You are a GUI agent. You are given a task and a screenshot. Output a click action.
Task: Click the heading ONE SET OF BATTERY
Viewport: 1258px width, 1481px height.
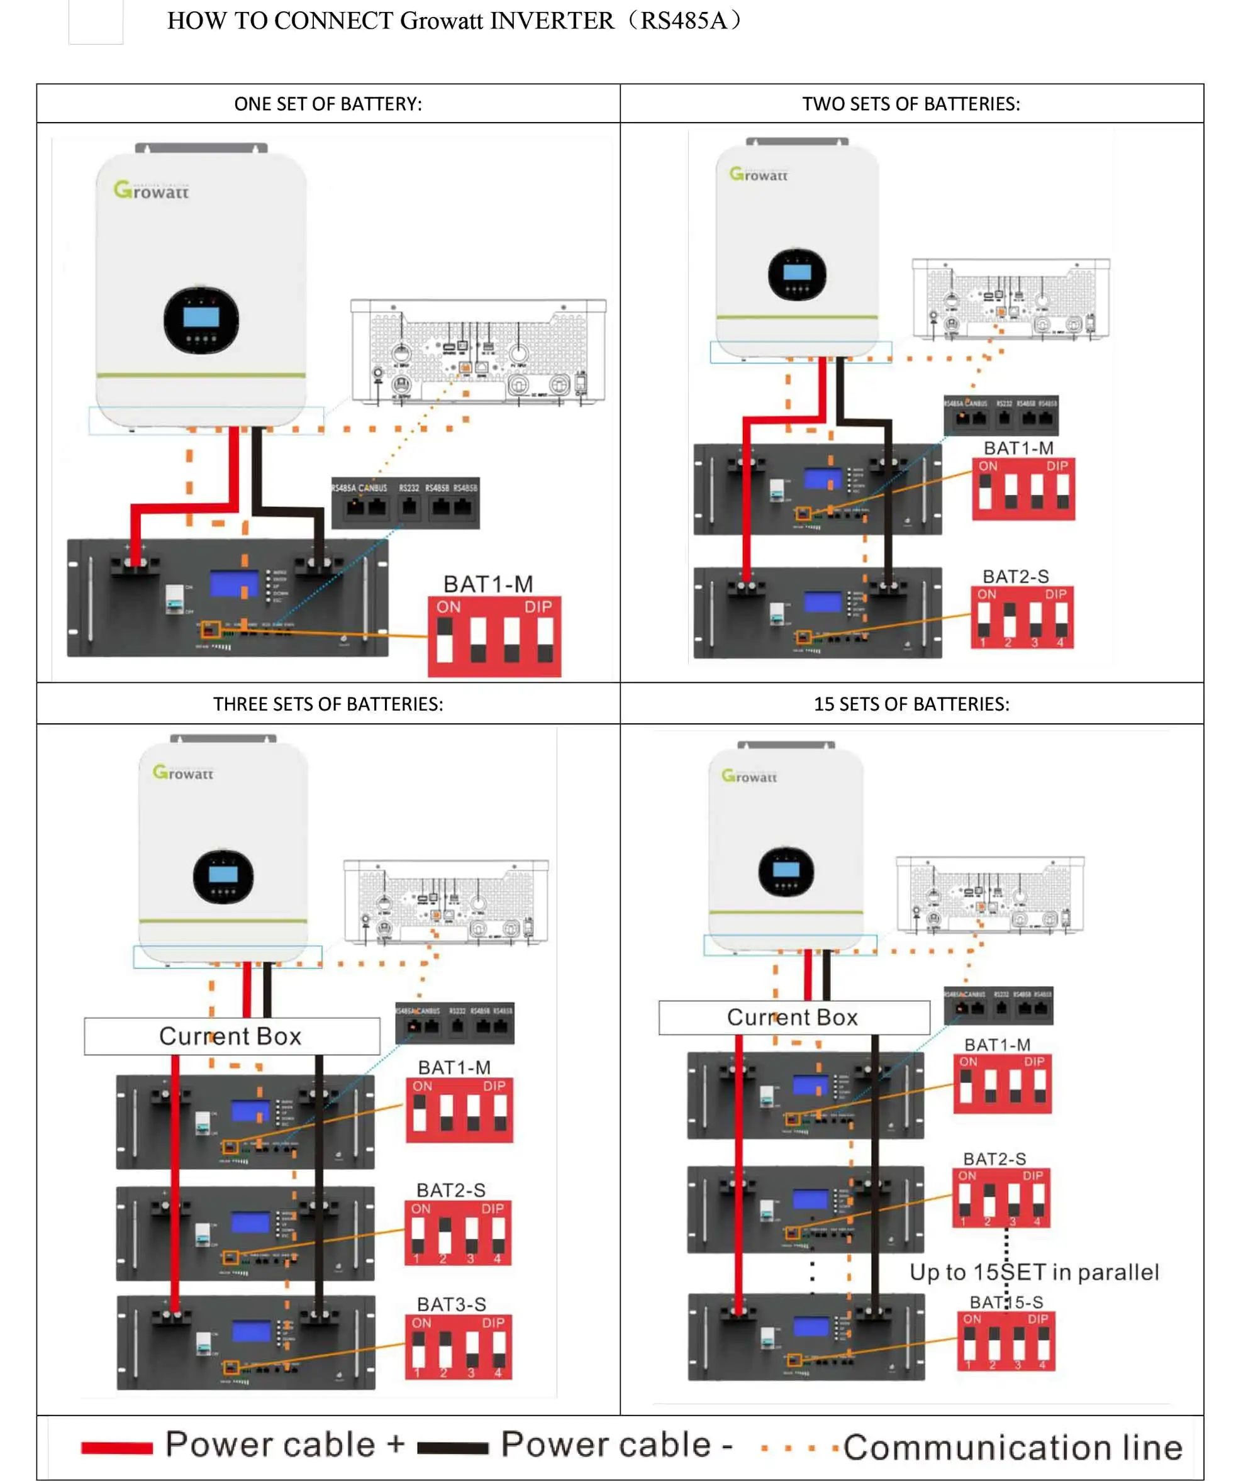[328, 104]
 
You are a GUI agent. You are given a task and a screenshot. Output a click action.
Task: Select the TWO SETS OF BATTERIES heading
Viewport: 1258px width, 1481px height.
[911, 104]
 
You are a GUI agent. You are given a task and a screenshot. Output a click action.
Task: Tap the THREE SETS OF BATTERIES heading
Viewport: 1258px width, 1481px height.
[328, 704]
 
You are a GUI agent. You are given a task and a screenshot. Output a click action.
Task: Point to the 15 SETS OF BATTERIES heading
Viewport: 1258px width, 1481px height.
[911, 704]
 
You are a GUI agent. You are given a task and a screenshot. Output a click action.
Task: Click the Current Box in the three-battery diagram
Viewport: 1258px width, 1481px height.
[231, 1035]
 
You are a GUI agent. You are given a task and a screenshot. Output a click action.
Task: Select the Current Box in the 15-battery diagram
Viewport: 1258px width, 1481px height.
[793, 1017]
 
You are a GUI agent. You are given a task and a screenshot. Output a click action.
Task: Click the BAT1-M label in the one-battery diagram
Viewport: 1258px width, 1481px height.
[488, 584]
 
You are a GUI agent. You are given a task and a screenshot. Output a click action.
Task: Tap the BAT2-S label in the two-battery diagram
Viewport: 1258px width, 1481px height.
[1016, 576]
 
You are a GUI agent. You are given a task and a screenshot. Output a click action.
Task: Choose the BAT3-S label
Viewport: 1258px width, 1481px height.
[452, 1304]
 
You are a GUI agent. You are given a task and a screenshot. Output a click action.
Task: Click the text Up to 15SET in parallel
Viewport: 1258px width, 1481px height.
[1034, 1272]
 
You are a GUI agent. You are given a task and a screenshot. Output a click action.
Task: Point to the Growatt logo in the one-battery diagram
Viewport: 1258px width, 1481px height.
[151, 191]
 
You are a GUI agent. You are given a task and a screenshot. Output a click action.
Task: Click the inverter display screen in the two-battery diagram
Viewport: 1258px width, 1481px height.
[796, 272]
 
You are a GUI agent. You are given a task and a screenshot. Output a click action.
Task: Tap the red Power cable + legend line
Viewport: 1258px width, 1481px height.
[117, 1448]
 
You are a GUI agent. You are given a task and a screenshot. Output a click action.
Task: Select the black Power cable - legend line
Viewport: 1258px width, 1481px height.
[453, 1448]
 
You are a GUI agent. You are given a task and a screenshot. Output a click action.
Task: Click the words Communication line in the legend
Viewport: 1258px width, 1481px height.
[1013, 1448]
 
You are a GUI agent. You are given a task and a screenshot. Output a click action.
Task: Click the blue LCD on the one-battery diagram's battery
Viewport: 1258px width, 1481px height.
[234, 584]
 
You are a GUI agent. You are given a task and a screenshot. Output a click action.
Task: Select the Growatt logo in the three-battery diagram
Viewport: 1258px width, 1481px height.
[183, 773]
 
